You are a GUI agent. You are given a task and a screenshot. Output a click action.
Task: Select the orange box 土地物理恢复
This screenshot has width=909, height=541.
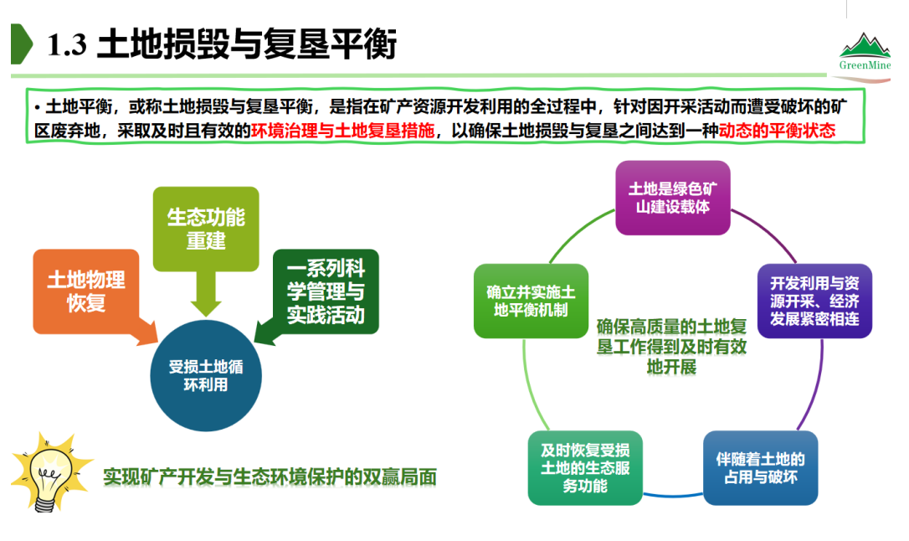(x=85, y=291)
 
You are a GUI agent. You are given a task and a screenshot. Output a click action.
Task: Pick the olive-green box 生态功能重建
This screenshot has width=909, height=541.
(x=206, y=229)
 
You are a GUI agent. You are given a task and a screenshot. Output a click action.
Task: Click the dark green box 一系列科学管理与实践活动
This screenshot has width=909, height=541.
(x=326, y=292)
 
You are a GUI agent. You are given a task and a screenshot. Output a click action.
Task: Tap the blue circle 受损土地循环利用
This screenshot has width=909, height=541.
(x=205, y=376)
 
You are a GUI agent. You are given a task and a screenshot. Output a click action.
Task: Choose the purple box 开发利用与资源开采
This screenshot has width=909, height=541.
(x=814, y=301)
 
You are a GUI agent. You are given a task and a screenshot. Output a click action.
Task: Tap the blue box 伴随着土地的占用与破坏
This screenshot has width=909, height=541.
(x=760, y=468)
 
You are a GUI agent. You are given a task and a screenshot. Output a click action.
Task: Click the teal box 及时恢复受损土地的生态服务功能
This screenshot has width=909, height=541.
(x=585, y=467)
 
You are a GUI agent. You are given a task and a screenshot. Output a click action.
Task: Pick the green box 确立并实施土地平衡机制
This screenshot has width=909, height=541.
(x=531, y=301)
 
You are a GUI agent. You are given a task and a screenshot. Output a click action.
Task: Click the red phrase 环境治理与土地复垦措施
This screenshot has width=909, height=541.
(x=342, y=131)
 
